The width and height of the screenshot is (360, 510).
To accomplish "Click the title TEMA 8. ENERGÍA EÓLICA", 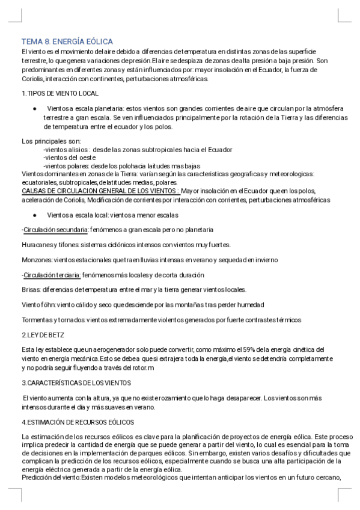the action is click(x=67, y=41).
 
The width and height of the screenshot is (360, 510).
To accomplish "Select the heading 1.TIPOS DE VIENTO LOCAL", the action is click(x=59, y=94).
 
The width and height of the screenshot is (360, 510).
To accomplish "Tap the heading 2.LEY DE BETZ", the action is click(x=43, y=334).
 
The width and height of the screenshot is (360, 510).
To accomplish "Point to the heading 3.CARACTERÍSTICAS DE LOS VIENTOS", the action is click(x=76, y=382).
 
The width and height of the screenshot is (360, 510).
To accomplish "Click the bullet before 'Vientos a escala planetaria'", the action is click(x=35, y=109).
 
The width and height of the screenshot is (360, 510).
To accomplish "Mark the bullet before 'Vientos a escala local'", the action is click(x=35, y=215).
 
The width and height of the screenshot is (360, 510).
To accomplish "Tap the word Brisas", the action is click(x=30, y=289).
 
